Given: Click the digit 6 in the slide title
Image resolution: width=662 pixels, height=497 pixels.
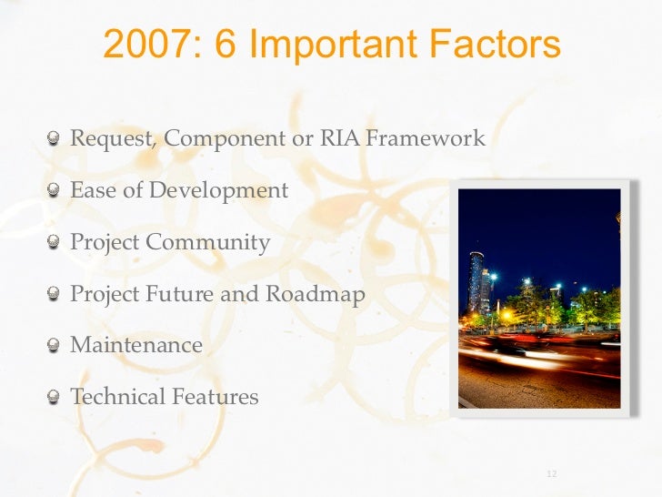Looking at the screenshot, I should pyautogui.click(x=225, y=44).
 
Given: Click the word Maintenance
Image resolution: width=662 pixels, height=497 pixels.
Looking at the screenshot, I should pyautogui.click(x=136, y=346).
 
